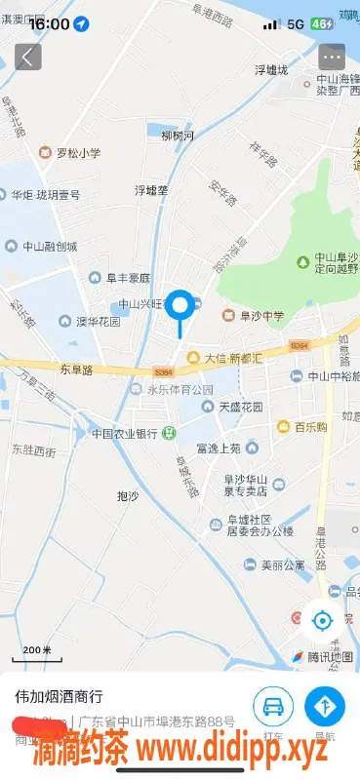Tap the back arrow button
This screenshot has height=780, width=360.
tap(28, 56)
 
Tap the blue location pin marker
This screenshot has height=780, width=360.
tap(180, 306)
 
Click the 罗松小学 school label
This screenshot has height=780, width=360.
tap(77, 152)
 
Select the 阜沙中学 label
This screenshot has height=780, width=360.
tap(258, 315)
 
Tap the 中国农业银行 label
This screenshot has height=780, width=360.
tap(125, 433)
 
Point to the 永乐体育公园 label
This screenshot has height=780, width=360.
tap(180, 389)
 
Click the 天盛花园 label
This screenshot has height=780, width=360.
tap(241, 406)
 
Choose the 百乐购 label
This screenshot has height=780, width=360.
tap(309, 426)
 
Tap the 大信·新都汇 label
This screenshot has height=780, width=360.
tap(232, 358)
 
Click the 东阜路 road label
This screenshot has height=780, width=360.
tap(75, 370)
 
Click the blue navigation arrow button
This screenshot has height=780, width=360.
tap(324, 705)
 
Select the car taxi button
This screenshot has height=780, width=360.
tap(274, 705)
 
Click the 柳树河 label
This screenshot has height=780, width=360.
tap(178, 135)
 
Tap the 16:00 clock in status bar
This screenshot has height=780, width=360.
tap(50, 22)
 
